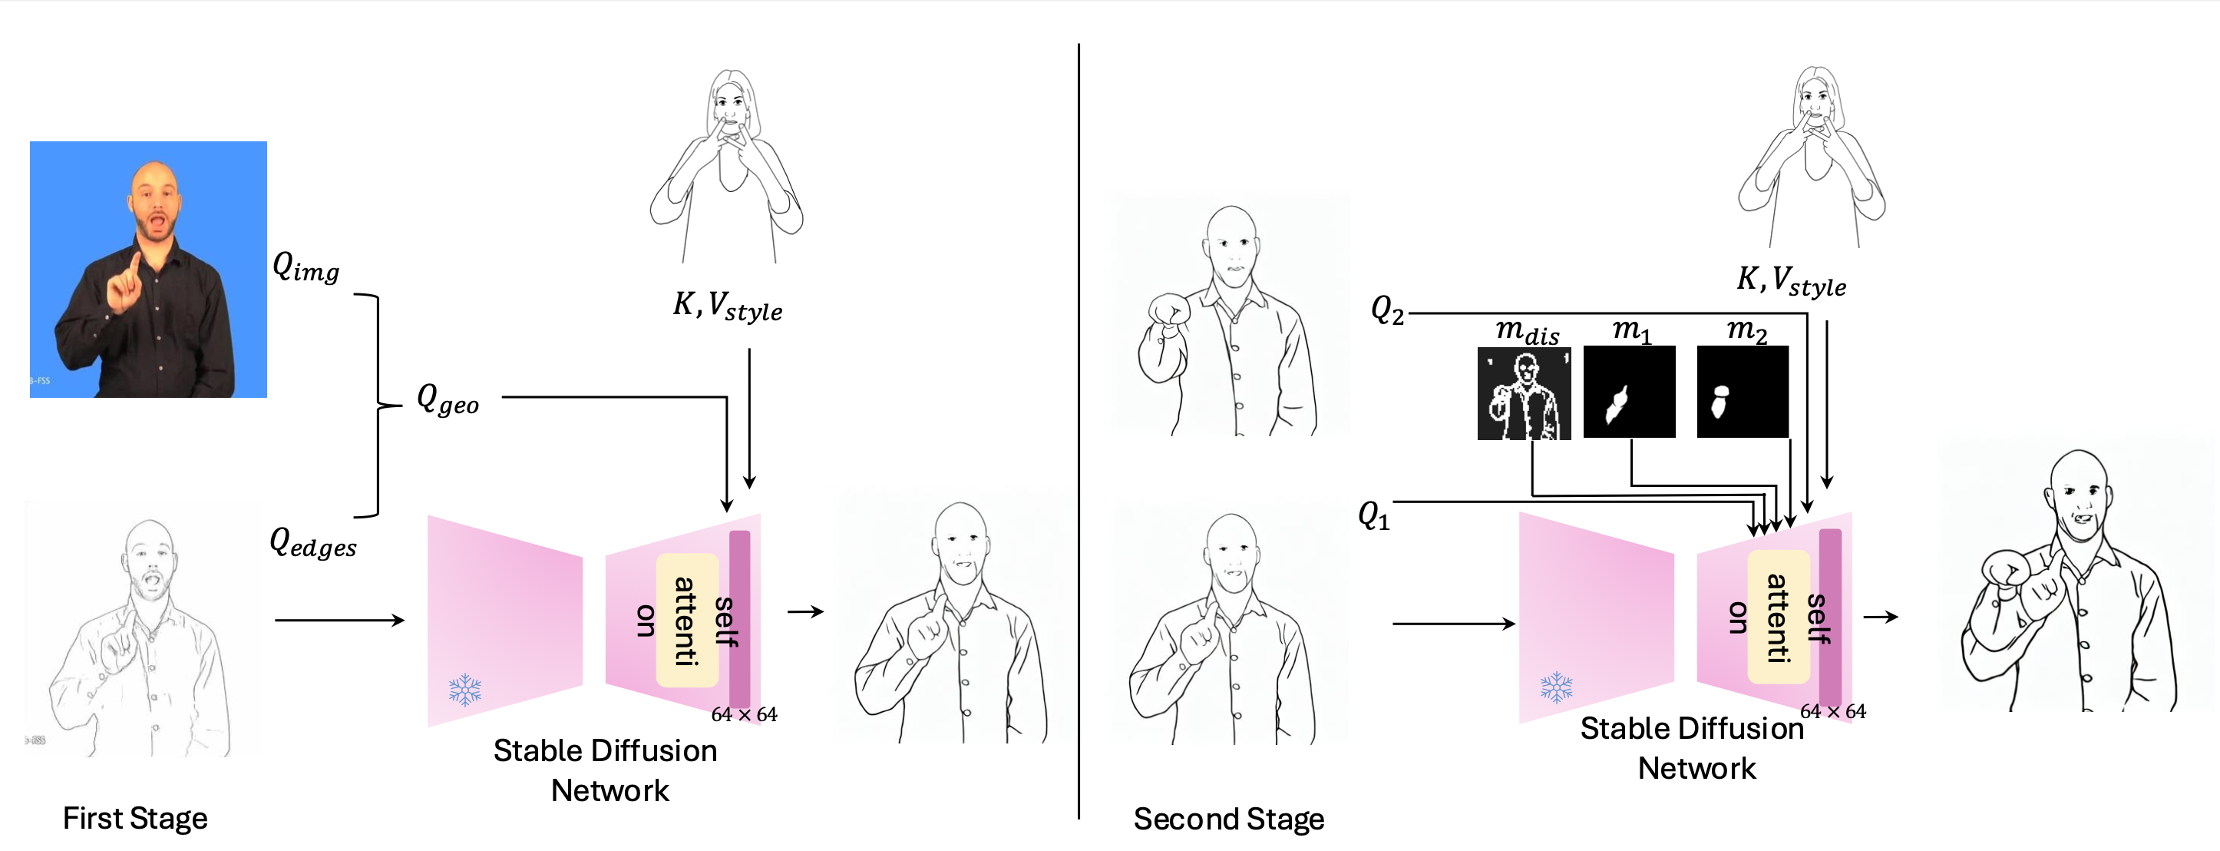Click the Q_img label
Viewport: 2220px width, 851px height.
pyautogui.click(x=306, y=267)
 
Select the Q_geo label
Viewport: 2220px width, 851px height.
pyautogui.click(x=448, y=399)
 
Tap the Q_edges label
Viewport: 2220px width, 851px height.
pyautogui.click(x=313, y=543)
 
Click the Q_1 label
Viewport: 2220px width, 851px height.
pyautogui.click(x=1374, y=515)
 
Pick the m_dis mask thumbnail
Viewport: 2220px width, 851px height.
pyautogui.click(x=1524, y=393)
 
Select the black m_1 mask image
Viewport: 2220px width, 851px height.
pyautogui.click(x=1630, y=392)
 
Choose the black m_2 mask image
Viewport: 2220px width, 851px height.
pyautogui.click(x=1743, y=392)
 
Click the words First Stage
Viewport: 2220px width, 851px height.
pyautogui.click(x=135, y=818)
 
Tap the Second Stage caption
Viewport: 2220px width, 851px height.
pyautogui.click(x=1229, y=819)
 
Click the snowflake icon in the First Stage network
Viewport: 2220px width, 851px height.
pyautogui.click(x=464, y=690)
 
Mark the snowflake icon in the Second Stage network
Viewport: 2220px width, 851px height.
pyautogui.click(x=1557, y=688)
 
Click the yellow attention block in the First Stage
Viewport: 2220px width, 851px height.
pyautogui.click(x=687, y=620)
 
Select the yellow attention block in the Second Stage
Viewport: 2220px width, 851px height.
pyautogui.click(x=1779, y=617)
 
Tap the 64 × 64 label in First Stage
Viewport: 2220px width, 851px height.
pyautogui.click(x=744, y=715)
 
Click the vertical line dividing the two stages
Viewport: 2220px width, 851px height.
pyautogui.click(x=1078, y=431)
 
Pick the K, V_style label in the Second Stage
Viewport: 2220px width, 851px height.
pyautogui.click(x=1791, y=281)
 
